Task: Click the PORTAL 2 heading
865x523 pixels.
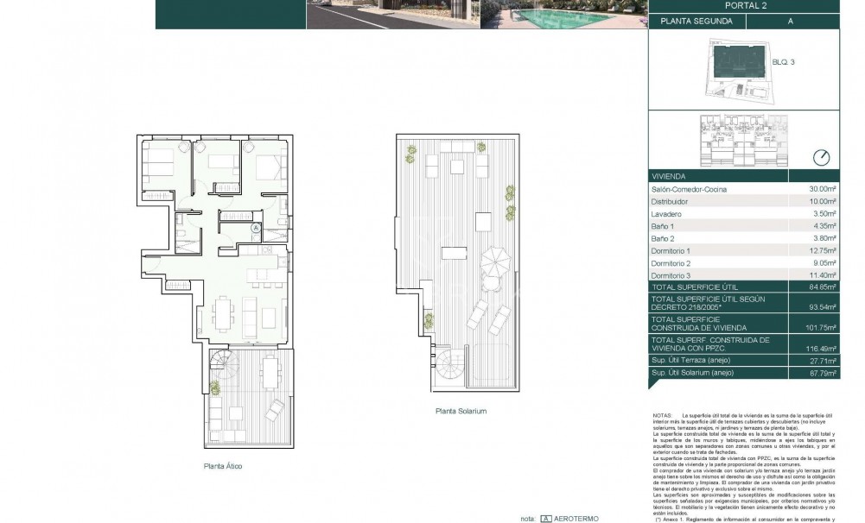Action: pos(743,6)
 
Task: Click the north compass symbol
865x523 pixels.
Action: pos(821,157)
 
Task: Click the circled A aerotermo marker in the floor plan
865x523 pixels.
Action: pos(256,228)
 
